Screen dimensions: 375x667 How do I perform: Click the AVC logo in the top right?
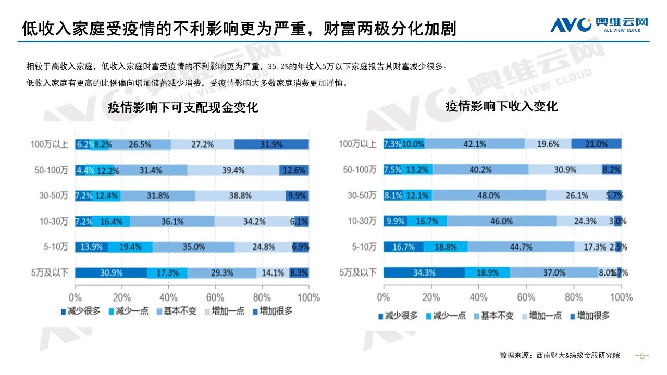[x=599, y=24]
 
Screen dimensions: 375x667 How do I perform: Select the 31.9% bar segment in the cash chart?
[x=271, y=144]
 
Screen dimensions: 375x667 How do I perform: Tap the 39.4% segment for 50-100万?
[x=233, y=170]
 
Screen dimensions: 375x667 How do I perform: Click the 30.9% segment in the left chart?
[x=111, y=272]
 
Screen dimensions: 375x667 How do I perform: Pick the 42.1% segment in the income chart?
[x=475, y=144]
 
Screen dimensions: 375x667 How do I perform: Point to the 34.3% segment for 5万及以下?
[x=424, y=272]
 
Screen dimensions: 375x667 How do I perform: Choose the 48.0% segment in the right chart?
[x=489, y=195]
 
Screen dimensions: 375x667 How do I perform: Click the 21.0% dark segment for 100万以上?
[x=597, y=144]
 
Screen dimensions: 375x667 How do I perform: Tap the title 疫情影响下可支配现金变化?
[x=183, y=108]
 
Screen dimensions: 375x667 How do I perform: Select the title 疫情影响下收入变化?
[x=501, y=106]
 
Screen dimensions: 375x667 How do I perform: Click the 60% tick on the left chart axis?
[x=215, y=297]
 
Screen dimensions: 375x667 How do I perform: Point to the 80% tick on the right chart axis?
[x=574, y=297]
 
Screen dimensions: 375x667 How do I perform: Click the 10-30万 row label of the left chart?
[x=54, y=221]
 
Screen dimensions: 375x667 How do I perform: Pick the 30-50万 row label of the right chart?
[x=362, y=195]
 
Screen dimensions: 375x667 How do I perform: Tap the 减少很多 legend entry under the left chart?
[x=78, y=311]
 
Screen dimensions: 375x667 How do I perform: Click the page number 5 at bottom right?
[x=642, y=356]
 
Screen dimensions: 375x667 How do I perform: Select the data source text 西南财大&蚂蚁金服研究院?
[x=578, y=356]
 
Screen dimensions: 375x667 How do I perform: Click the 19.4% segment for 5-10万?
[x=130, y=247]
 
